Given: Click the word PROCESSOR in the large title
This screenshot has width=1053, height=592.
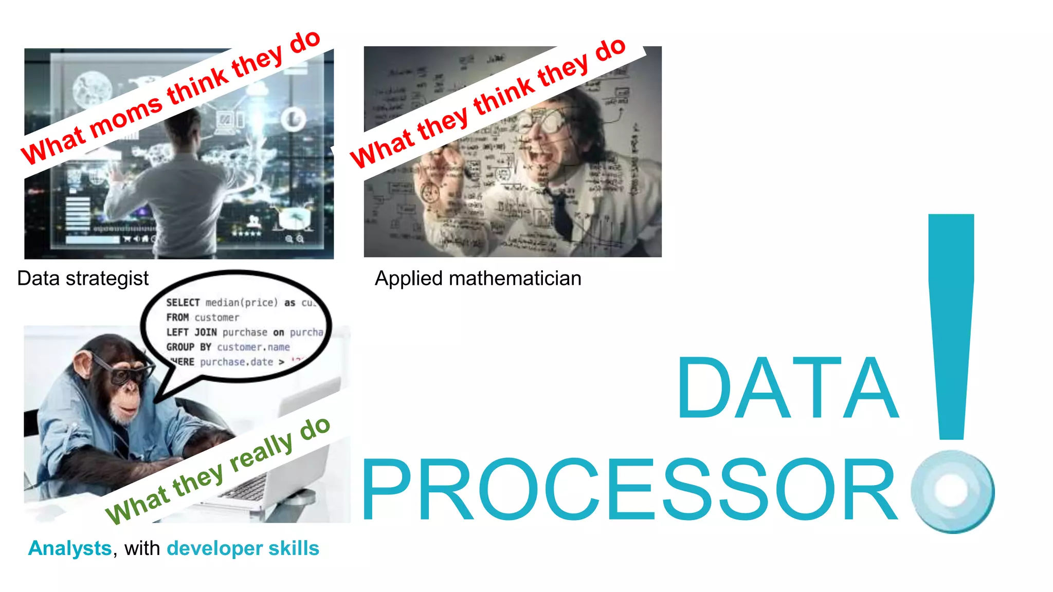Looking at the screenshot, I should click(629, 491).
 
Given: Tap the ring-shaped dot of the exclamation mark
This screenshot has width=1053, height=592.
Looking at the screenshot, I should click(952, 491).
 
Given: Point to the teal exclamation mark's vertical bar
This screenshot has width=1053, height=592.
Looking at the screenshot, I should click(951, 324).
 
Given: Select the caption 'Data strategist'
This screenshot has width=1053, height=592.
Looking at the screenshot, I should click(83, 279).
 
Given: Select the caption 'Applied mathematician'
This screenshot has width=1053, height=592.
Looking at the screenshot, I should click(478, 279).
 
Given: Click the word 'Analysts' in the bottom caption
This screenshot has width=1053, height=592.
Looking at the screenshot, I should click(70, 548).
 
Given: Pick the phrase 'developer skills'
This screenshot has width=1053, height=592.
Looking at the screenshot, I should click(243, 548).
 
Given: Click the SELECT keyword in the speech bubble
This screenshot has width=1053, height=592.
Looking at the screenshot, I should click(183, 303).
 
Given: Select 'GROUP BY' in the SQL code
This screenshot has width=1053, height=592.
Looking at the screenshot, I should click(188, 347).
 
